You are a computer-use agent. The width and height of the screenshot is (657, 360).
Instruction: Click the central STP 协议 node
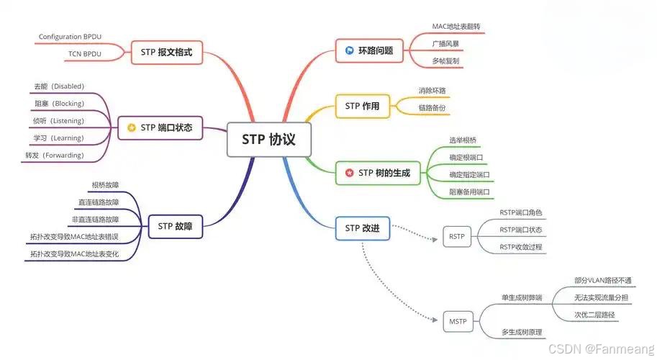tap(271, 140)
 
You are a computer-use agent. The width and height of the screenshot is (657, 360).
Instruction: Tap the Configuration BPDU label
tap(70, 36)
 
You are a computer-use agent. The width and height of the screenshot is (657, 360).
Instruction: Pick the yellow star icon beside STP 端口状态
tap(131, 127)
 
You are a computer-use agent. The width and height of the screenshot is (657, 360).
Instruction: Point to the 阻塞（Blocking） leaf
tap(59, 104)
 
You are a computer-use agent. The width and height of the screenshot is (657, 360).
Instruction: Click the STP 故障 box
tap(175, 226)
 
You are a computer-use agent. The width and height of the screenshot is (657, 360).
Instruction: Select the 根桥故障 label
tap(106, 185)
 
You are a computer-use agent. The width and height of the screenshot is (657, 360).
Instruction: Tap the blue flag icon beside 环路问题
tap(349, 50)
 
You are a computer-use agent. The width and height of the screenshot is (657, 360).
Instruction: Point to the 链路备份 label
tap(432, 107)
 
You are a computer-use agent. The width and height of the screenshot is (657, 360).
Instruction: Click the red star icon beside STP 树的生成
tap(349, 173)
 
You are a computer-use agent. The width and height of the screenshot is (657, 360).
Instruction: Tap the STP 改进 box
tap(362, 229)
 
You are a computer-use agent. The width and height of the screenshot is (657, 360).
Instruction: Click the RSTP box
tap(456, 236)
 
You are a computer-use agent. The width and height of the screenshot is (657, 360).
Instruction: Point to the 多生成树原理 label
tap(522, 332)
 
